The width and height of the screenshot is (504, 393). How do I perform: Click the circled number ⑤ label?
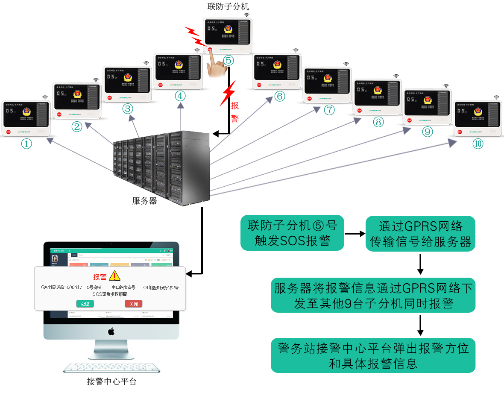pos(229,60)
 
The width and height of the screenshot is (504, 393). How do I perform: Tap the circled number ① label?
pos(26,144)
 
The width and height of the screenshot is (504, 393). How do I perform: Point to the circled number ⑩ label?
pos(478,144)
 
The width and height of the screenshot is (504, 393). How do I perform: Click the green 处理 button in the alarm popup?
pos(85,304)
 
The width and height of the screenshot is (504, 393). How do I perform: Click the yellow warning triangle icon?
pos(115,276)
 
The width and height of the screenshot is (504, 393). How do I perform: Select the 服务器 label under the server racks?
pos(145,200)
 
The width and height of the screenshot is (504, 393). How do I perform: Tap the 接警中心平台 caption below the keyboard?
pos(111,381)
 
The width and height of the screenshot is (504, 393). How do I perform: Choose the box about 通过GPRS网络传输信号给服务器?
pos(421,233)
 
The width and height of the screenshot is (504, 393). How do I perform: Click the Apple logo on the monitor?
pos(111,331)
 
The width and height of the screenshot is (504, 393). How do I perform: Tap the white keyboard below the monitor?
pos(112,369)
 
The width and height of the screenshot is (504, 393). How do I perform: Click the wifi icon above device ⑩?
pos(496,97)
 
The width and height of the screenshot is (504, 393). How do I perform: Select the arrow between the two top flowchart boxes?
pos(355,234)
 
